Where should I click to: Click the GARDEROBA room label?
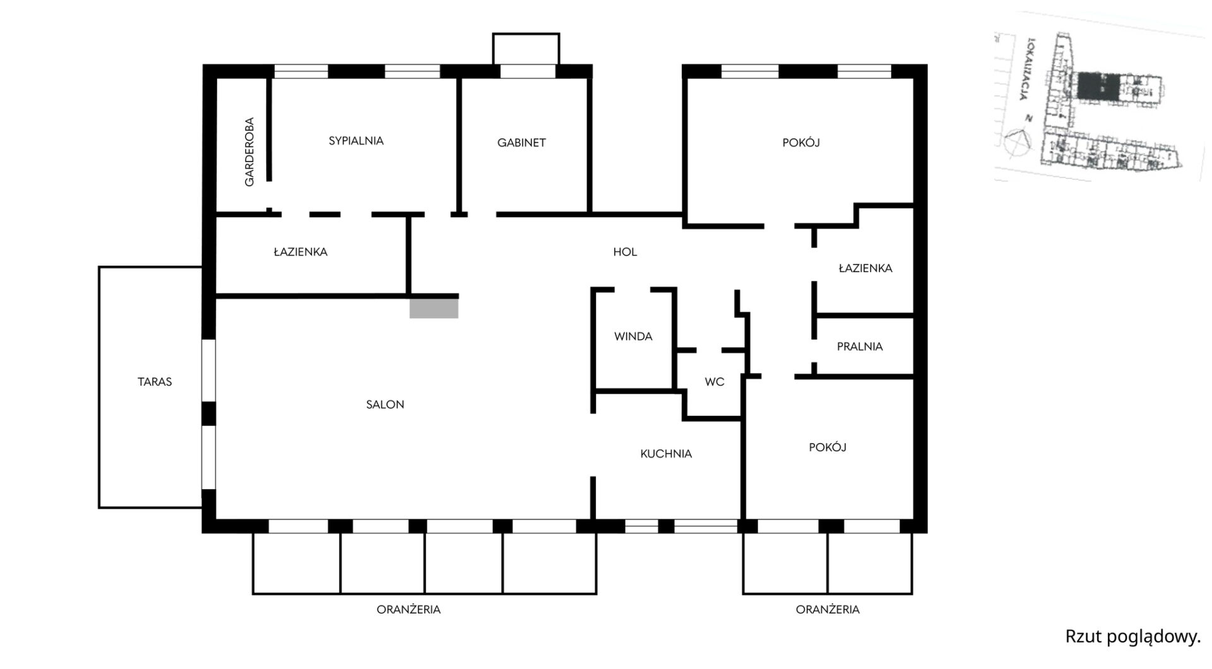(x=249, y=151)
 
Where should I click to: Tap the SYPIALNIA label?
(x=356, y=141)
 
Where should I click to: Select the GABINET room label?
(x=521, y=143)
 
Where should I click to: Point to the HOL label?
(x=625, y=252)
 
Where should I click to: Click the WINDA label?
(x=633, y=336)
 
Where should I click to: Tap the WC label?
(x=715, y=382)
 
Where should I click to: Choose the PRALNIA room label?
(x=860, y=346)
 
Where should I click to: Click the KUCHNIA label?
(x=666, y=454)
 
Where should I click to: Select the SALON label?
(x=385, y=405)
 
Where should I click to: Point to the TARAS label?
(x=155, y=382)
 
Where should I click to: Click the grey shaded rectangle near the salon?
(x=434, y=308)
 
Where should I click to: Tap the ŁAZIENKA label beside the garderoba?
(x=300, y=252)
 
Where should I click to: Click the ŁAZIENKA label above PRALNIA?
(x=865, y=268)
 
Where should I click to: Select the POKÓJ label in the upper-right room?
(x=801, y=143)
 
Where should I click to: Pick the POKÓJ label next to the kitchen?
(x=828, y=447)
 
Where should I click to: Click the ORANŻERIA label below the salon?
(x=408, y=610)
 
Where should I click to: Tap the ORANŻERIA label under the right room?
(x=828, y=610)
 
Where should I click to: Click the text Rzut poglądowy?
(x=1132, y=637)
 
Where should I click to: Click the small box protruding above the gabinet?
(x=526, y=48)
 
